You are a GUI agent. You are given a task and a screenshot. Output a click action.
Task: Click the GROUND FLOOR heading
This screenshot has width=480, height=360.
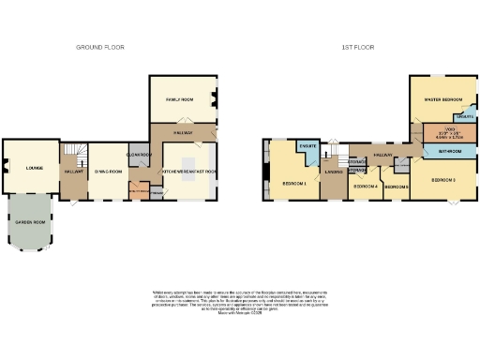point(100,47)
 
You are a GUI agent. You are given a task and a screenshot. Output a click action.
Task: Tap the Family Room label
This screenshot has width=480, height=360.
point(182,98)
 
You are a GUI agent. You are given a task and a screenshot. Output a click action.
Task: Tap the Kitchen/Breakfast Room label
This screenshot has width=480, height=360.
point(190,172)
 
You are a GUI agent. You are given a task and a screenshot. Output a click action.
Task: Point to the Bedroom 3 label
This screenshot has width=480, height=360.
point(442,178)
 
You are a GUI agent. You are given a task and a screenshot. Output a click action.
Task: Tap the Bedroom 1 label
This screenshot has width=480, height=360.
point(294,183)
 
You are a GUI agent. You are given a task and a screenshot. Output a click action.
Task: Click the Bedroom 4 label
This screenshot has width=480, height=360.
point(366,187)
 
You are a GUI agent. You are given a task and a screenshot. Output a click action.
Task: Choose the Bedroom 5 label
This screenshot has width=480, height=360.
point(396,187)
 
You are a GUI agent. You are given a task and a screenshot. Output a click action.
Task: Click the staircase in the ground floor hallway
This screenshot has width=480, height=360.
point(78,151)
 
